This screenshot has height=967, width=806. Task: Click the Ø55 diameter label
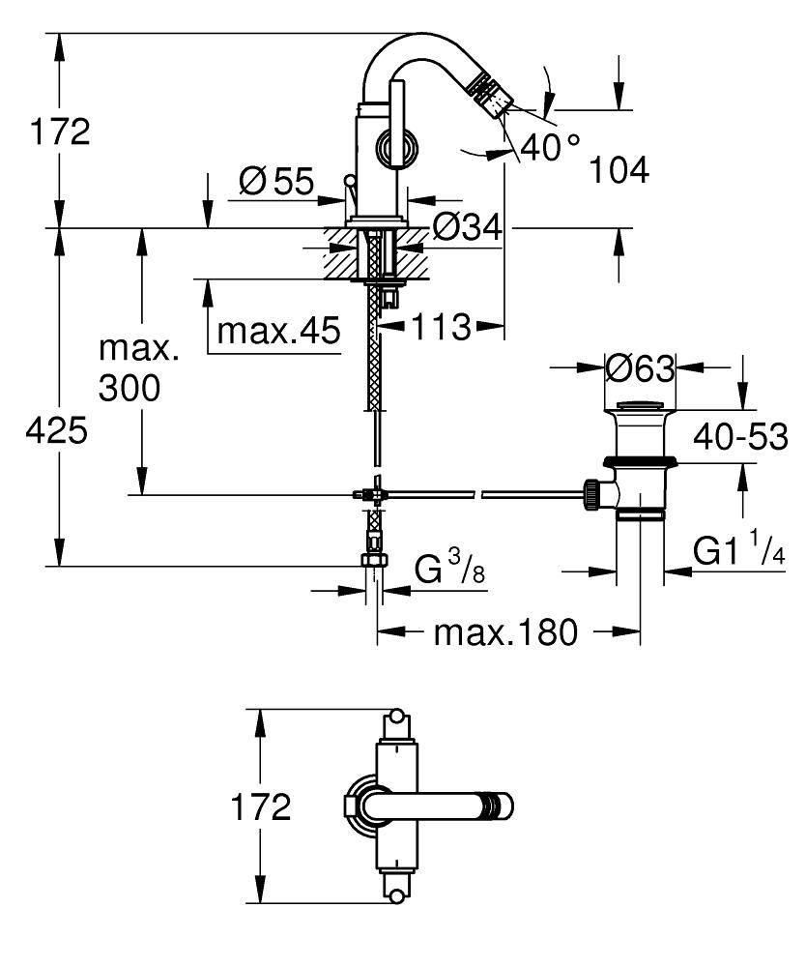coord(277,181)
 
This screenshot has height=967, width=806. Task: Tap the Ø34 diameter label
coord(468,228)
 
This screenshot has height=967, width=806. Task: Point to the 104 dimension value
coord(619,171)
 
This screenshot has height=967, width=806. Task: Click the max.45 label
coord(278,332)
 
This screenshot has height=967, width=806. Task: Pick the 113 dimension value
coord(441,328)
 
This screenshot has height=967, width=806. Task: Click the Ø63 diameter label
coord(639,368)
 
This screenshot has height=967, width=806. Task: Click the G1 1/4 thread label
coord(739,553)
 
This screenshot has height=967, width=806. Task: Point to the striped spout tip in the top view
coord(499,806)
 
